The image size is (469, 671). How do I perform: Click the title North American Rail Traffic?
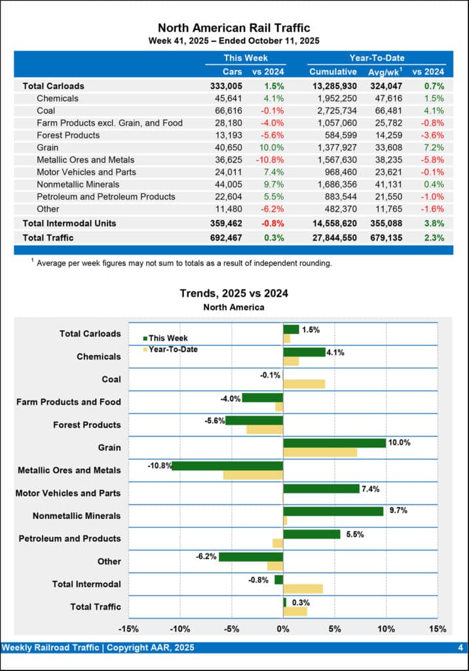point(234,28)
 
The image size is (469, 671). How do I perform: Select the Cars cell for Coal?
point(229,111)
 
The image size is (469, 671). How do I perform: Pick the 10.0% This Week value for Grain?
point(272,147)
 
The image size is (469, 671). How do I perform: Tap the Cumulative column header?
point(333,71)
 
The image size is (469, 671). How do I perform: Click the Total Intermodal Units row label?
point(69,223)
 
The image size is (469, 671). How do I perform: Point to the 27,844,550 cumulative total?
point(333,238)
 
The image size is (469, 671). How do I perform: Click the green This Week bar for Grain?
point(334,443)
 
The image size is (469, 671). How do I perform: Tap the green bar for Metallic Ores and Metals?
point(227,466)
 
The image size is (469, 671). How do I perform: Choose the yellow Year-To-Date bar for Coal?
point(304,384)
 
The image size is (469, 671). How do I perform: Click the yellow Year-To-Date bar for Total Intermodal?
point(303,588)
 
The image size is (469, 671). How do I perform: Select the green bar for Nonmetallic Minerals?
point(333,511)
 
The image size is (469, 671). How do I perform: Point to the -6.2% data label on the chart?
point(206,556)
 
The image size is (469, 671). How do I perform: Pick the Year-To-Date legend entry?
point(172,349)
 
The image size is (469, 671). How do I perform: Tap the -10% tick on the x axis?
point(179,629)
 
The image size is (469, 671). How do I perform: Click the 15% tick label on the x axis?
point(437,629)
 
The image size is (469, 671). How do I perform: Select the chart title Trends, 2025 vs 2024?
point(234,294)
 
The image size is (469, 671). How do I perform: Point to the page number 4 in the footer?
point(460,648)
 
